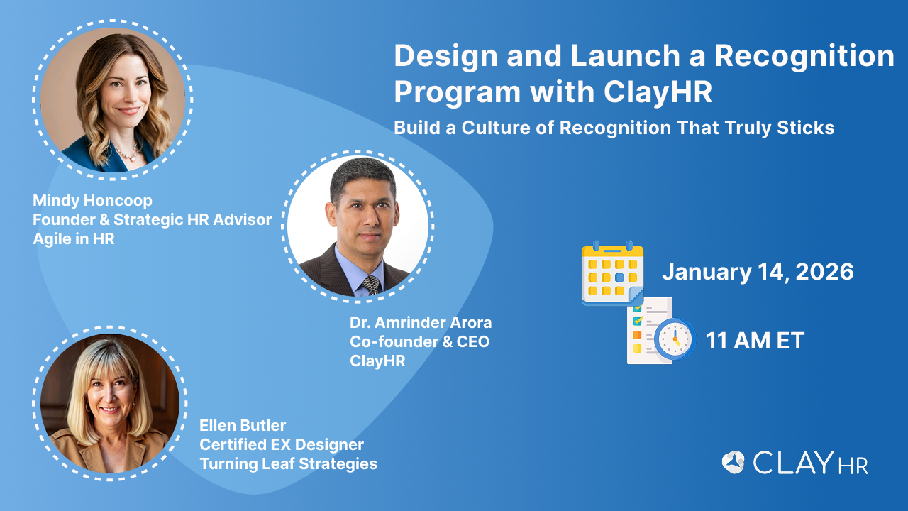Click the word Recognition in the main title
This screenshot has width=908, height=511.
coord(804,57)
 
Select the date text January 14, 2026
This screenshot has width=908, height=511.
coord(758,272)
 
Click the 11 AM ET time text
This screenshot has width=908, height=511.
coord(755,340)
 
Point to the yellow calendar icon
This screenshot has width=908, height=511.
coord(612,273)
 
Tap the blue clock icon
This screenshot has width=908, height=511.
coord(675,339)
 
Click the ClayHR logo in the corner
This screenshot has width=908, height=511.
coord(795,462)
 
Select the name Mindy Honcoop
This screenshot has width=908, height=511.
coord(92,201)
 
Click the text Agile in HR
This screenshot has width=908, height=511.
coord(74,239)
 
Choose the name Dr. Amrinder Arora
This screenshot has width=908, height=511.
coord(421,323)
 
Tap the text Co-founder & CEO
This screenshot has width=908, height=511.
coord(419,342)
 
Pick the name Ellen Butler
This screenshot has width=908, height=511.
coord(243,426)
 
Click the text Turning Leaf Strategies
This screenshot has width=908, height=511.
coord(288,464)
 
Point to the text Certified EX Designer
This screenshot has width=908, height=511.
coord(282,445)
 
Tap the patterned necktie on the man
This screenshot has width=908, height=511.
coord(371,285)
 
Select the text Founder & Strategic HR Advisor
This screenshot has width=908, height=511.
coord(152,220)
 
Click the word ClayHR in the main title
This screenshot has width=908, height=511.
coord(658,92)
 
